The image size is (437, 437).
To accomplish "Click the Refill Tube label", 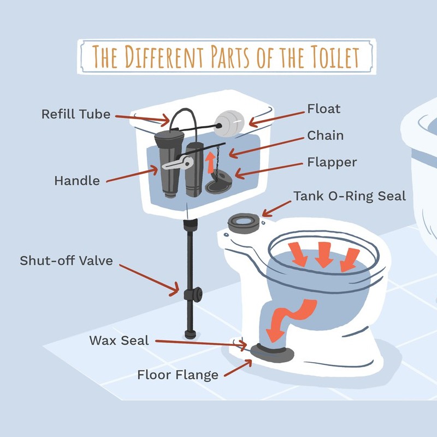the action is click(76, 114).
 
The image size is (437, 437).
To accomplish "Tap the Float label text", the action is click(323, 109).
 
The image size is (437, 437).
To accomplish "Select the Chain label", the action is click(325, 135).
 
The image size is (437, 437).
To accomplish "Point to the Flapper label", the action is click(332, 162).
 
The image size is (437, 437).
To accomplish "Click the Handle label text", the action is click(77, 181).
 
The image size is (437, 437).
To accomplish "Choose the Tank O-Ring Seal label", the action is click(350, 196).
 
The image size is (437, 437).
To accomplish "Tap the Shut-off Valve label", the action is click(66, 261).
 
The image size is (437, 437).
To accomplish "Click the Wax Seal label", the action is click(119, 340).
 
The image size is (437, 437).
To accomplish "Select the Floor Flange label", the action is click(178, 375).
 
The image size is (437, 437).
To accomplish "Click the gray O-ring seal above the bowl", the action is click(244, 223).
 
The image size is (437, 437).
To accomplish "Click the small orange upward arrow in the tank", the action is click(210, 162).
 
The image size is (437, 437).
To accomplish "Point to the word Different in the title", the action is click(164, 57).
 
